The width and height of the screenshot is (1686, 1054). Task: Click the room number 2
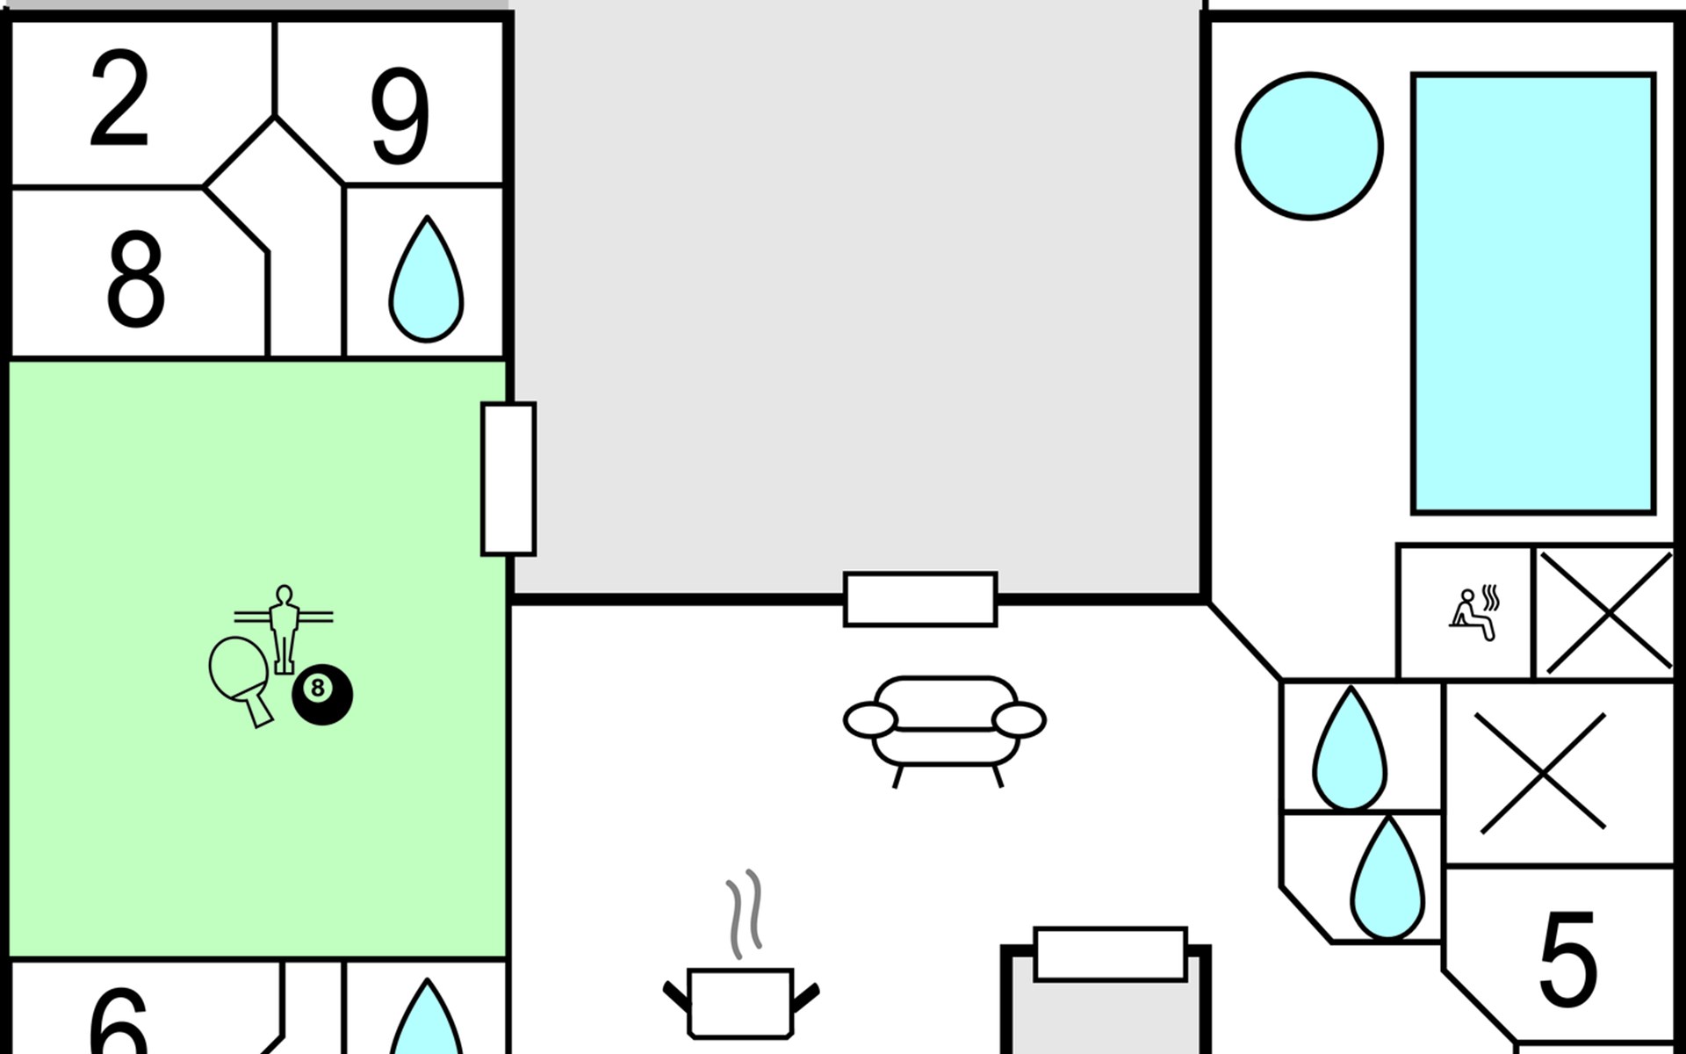click(x=119, y=98)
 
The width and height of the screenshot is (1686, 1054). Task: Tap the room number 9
click(x=400, y=115)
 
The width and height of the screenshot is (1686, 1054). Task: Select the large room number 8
click(x=135, y=278)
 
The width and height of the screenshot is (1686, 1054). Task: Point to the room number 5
click(x=1567, y=959)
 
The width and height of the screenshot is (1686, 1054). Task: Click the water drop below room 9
click(x=426, y=281)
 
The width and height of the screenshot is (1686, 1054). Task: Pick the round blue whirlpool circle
click(x=1309, y=146)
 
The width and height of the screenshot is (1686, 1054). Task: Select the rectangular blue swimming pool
click(x=1532, y=293)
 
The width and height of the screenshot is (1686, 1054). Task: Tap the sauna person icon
click(x=1473, y=613)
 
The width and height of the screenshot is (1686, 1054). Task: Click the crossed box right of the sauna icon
click(x=1608, y=612)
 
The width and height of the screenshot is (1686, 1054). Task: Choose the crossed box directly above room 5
click(x=1543, y=772)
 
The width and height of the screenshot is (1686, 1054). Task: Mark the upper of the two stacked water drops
click(x=1350, y=752)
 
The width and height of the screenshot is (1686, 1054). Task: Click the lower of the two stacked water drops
click(x=1387, y=880)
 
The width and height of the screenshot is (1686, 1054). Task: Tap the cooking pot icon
click(x=741, y=1002)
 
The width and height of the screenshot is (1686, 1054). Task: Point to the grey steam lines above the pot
click(x=744, y=913)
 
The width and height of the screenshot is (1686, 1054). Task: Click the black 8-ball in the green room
click(x=321, y=693)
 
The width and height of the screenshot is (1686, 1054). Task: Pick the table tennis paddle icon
click(x=241, y=676)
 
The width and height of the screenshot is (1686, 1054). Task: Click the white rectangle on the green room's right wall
click(x=508, y=479)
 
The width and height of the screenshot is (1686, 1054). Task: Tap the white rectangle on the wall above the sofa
click(x=920, y=599)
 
